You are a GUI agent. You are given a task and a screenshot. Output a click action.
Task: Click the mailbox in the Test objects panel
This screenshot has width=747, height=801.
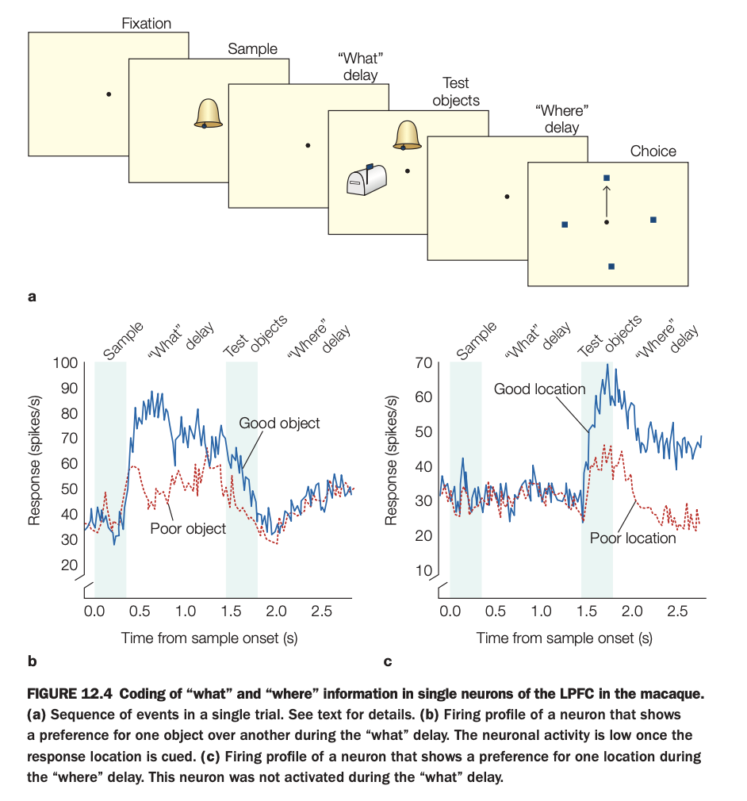tap(367, 178)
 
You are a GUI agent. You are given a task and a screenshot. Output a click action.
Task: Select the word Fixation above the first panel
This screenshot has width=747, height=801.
tap(146, 24)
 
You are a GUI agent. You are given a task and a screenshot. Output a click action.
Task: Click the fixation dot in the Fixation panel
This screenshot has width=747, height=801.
tap(109, 94)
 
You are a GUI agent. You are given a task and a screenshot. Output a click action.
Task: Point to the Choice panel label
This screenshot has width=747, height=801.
tap(653, 151)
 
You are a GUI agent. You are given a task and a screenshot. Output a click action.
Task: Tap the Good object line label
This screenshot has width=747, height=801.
tap(280, 423)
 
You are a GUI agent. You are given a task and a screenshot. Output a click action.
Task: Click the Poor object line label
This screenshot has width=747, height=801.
tap(188, 528)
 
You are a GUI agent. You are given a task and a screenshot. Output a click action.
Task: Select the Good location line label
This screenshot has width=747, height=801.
tap(539, 389)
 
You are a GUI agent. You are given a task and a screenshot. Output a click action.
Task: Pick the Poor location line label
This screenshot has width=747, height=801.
tap(633, 538)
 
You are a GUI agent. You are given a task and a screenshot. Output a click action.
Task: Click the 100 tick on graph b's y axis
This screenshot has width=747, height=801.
tap(65, 363)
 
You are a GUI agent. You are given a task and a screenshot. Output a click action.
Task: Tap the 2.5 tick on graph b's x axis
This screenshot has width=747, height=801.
tap(322, 611)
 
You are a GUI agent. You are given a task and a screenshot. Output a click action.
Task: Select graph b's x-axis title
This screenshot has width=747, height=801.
tap(209, 637)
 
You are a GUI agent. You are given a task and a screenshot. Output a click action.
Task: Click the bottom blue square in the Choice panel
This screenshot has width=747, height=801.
tap(611, 266)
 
